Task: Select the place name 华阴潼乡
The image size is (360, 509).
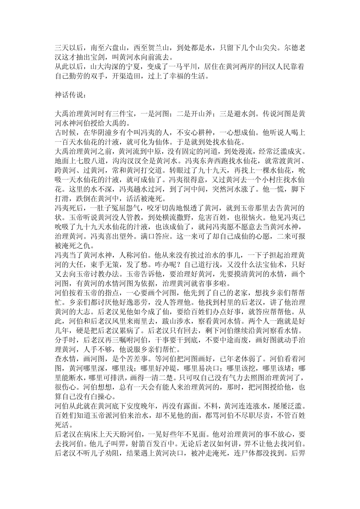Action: click(100, 132)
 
